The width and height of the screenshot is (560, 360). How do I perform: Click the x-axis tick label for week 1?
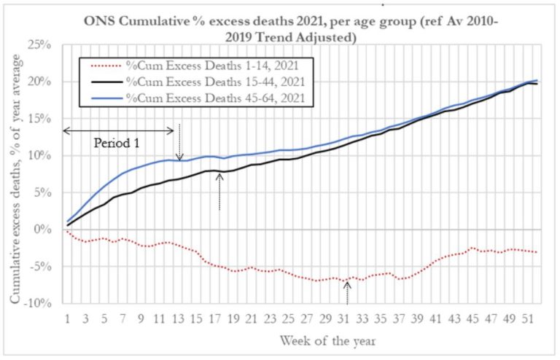click(x=67, y=318)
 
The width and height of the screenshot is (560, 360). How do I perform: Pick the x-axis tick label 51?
click(x=528, y=318)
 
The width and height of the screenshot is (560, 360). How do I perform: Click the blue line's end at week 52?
click(x=537, y=80)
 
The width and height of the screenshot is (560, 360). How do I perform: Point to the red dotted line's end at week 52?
click(x=537, y=252)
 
